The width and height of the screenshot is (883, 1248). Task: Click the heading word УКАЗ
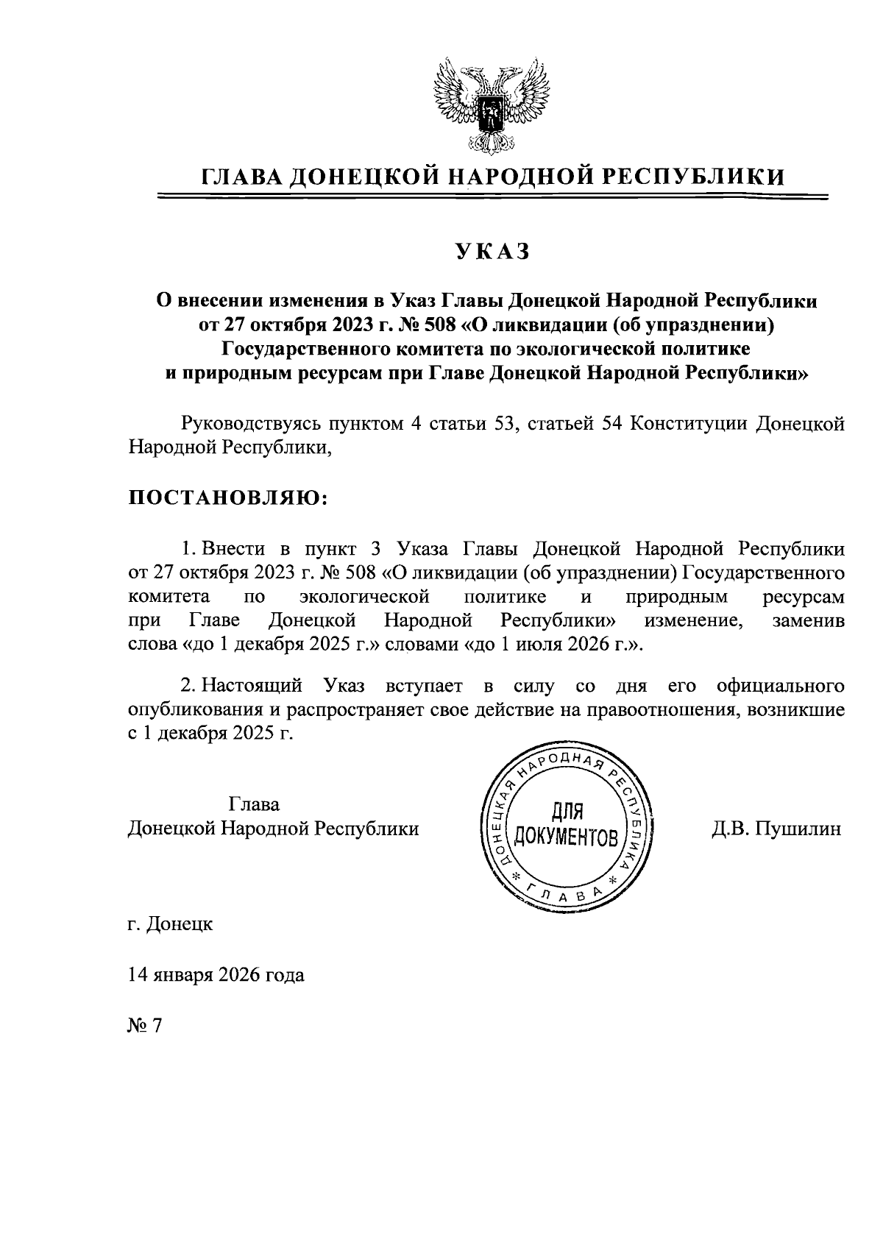coord(492,252)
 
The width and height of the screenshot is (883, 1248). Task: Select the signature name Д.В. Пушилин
coord(776,829)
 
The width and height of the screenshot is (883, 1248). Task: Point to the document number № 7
coord(144,1026)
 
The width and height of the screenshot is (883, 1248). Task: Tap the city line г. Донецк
coord(171,923)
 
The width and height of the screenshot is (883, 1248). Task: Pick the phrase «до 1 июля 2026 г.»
coord(553,645)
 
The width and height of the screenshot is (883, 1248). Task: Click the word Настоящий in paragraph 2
coord(252,687)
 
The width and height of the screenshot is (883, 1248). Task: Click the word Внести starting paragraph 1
coord(229,550)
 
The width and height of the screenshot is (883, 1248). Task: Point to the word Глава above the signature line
coord(254,804)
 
